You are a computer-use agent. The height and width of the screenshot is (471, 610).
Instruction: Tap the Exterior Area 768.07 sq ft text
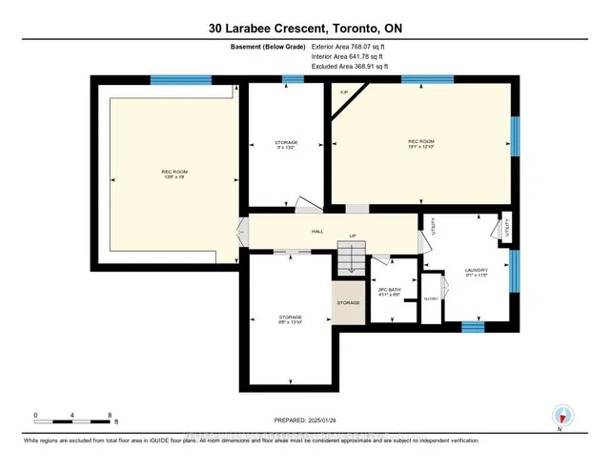click(x=352, y=45)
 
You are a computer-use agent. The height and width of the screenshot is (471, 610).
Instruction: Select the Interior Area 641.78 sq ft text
click(x=351, y=57)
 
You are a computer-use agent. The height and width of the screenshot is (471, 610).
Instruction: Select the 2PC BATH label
click(x=389, y=289)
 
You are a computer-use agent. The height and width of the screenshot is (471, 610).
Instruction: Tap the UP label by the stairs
click(x=352, y=236)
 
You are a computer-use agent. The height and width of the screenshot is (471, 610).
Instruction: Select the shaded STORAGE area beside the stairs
click(x=348, y=302)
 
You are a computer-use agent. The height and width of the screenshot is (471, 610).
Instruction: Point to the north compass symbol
click(x=562, y=416)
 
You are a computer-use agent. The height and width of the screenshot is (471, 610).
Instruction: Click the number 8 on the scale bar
click(x=110, y=416)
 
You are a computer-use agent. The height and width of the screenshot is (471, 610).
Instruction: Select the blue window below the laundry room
click(x=474, y=327)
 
